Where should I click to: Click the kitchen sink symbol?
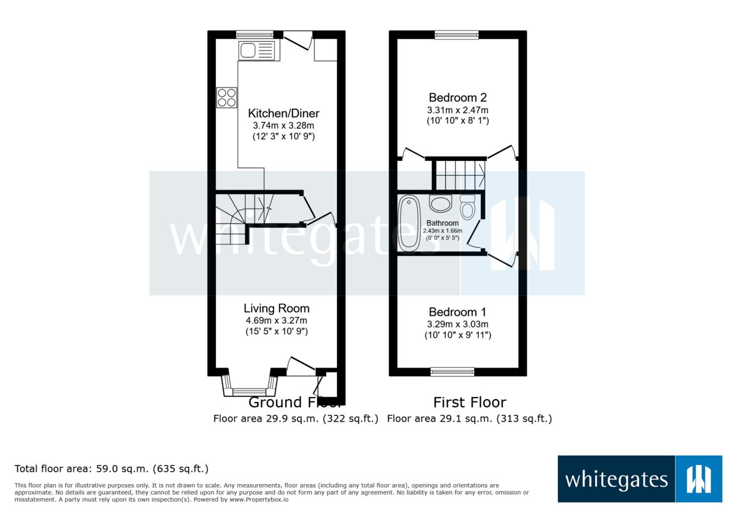click(x=258, y=50)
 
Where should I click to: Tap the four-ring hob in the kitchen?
click(x=226, y=98)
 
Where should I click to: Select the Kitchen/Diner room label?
click(x=283, y=113)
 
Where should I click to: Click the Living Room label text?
click(x=276, y=308)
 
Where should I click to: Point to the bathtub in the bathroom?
click(x=407, y=224)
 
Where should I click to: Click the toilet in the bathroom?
click(x=468, y=208)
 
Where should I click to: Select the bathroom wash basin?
click(x=440, y=203)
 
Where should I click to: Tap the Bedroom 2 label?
click(x=458, y=97)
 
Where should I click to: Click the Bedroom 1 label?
click(x=458, y=311)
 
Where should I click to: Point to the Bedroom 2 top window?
click(x=457, y=35)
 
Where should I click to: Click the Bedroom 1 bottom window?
click(x=453, y=371)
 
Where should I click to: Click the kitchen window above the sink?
click(x=255, y=34)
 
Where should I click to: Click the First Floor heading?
click(x=470, y=402)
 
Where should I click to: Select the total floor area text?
click(x=112, y=469)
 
